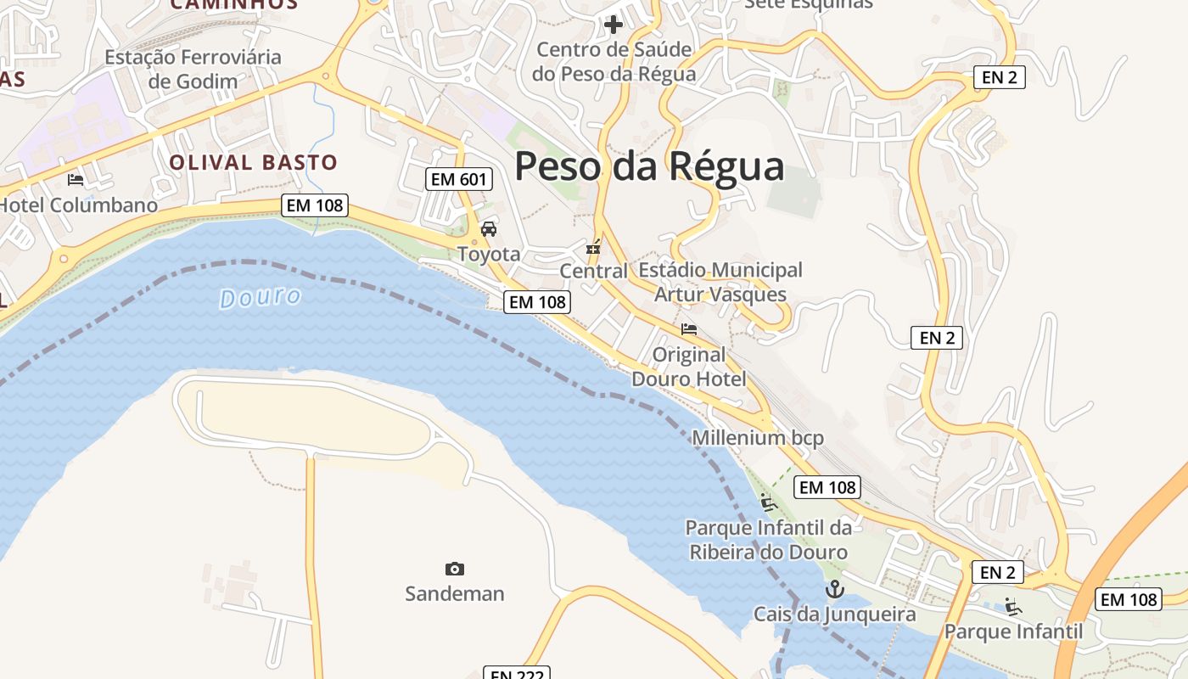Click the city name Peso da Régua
coord(649,166)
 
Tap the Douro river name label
coord(261,297)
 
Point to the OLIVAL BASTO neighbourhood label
coord(253,162)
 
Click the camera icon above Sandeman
coord(455,569)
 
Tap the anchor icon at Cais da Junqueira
coord(835,588)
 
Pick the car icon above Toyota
coord(489,229)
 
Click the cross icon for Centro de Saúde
coord(614,25)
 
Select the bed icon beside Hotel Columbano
coord(76,180)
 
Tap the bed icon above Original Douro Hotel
coord(689,329)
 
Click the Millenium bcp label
coord(758,438)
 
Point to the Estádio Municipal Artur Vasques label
coord(720,282)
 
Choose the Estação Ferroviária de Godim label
coord(193,70)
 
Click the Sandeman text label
coord(455,593)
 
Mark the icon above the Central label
coord(593,248)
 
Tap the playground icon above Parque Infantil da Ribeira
coord(768,502)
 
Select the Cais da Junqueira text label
coord(835,614)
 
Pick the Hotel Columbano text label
coord(79,205)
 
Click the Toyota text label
coord(489,254)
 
